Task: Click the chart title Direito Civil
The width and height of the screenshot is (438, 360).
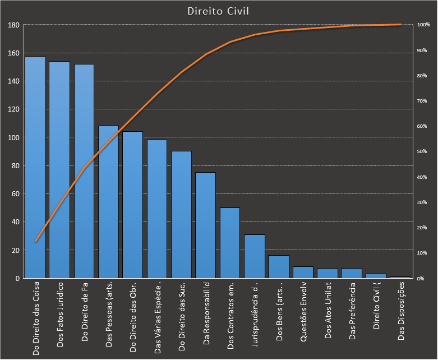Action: pyautogui.click(x=219, y=11)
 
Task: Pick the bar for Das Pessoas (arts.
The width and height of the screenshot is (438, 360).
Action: pyautogui.click(x=108, y=202)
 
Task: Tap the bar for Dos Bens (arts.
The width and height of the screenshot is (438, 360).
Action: pyautogui.click(x=279, y=267)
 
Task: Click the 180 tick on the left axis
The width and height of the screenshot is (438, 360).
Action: pyautogui.click(x=14, y=25)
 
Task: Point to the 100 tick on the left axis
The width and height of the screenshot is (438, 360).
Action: pyautogui.click(x=14, y=138)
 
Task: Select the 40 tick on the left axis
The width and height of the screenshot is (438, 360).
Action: pyautogui.click(x=16, y=222)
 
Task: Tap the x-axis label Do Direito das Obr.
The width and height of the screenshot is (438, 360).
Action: pyautogui.click(x=133, y=317)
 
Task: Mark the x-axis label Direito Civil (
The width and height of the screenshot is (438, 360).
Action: pyautogui.click(x=376, y=306)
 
